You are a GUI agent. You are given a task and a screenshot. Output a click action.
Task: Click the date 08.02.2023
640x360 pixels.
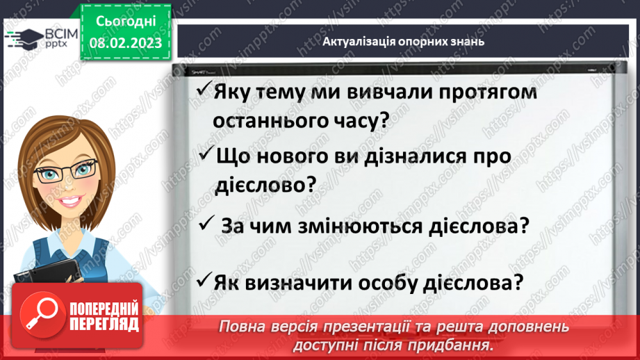[x=125, y=43]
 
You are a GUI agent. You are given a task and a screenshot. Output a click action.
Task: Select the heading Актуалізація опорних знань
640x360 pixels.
[x=403, y=41]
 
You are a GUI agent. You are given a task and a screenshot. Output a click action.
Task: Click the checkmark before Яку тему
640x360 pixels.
[x=204, y=90]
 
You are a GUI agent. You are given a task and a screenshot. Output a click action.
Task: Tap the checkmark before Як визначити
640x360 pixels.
[x=204, y=281]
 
